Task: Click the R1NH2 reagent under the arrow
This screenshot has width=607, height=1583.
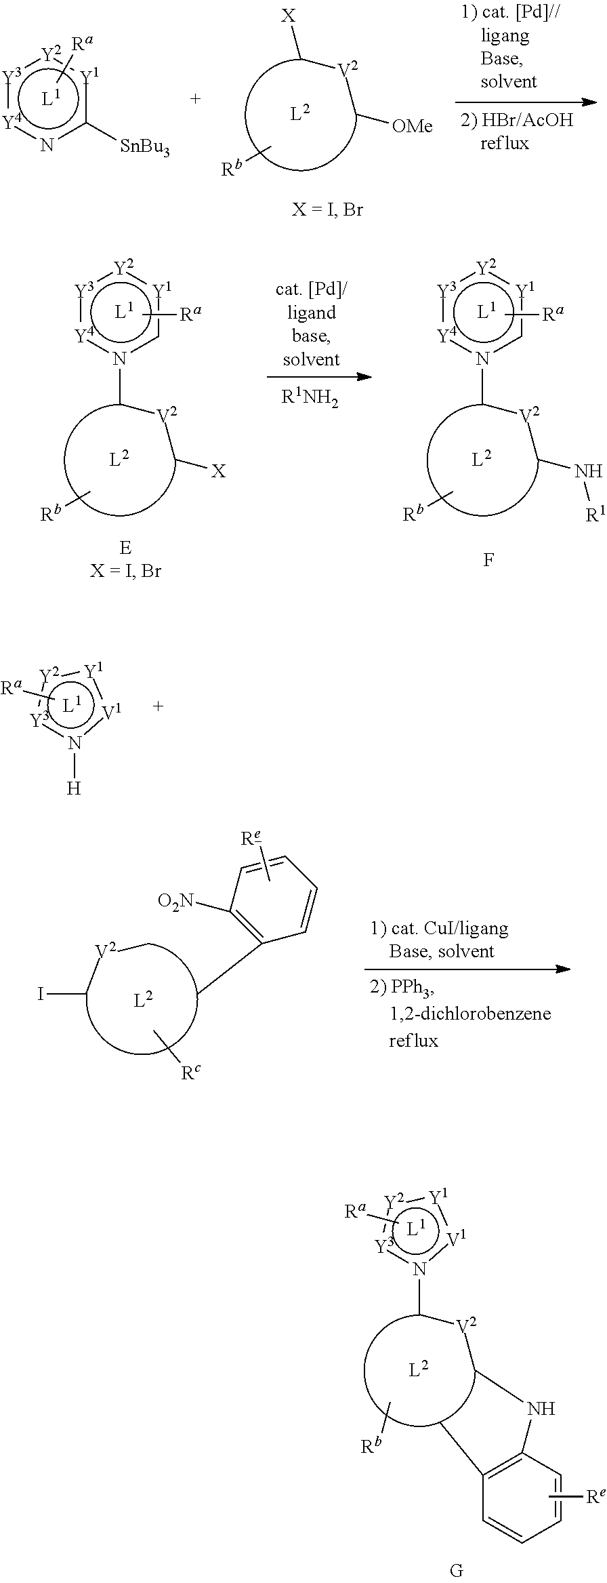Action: coord(310,398)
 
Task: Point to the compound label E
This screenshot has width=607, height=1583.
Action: coord(125,547)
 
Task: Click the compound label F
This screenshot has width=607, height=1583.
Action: coord(488,559)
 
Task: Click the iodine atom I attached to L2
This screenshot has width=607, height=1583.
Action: coord(41,994)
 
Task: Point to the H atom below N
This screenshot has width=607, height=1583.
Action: coord(74,788)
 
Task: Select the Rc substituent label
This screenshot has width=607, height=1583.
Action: coord(190,1073)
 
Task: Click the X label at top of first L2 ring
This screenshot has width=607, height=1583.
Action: coord(289,16)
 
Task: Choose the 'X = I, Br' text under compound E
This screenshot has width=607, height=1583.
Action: coord(126,571)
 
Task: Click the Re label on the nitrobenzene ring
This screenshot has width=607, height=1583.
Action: coord(251,839)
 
